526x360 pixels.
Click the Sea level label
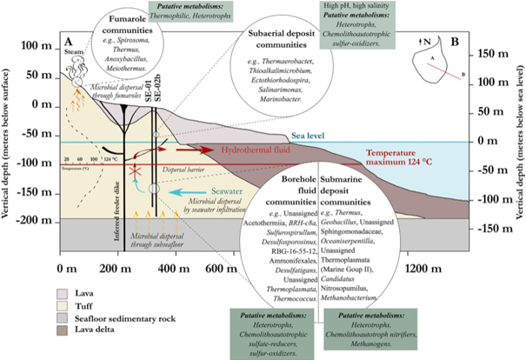coord(308,137)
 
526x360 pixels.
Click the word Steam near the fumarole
coord(74,54)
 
